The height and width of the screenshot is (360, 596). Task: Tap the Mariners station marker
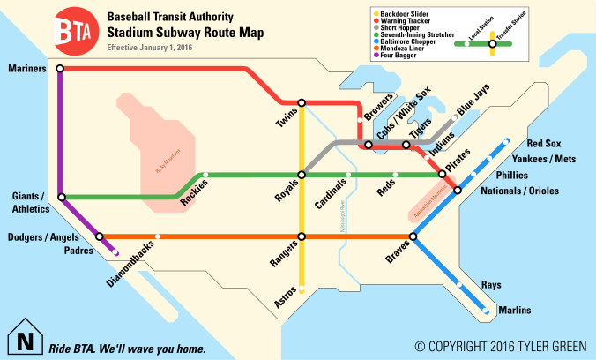pos(59,68)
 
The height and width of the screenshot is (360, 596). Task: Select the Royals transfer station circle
pos(302,175)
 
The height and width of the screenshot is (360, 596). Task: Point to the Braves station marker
pos(414,236)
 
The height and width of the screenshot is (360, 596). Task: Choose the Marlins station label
pos(515,311)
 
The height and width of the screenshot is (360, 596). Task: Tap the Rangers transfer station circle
pos(302,236)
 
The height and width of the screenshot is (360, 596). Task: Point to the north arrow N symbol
pos(25,339)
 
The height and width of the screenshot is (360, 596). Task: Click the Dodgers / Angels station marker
pos(100,236)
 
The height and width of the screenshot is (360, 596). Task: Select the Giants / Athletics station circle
pos(62,198)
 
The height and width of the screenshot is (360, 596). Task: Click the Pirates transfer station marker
pos(443,175)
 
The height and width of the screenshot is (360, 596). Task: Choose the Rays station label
pos(491,284)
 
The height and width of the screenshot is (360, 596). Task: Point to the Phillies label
pos(512,175)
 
